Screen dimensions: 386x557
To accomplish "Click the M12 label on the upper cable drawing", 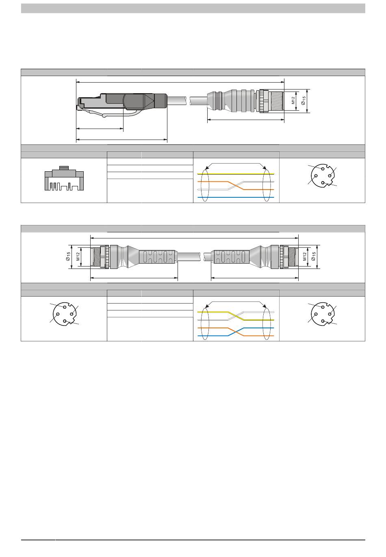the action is pos(293,100).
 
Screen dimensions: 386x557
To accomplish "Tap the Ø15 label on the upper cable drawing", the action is pos(304,100).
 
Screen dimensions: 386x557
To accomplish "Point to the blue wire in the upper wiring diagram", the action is pos(236,197).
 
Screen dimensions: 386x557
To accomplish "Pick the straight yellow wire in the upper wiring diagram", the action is pos(236,174).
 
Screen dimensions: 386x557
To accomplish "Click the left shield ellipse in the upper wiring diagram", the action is pos(204,185).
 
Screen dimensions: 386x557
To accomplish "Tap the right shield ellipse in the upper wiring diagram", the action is pos(267,185).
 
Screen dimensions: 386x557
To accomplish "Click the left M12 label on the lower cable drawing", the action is pos(78,256).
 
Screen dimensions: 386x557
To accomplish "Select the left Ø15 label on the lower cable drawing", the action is pos(68,256).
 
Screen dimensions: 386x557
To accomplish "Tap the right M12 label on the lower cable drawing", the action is pos(304,256).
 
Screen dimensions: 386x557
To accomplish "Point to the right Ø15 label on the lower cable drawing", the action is pos(314,256).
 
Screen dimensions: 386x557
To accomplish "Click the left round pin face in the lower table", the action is pos(64,314).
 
